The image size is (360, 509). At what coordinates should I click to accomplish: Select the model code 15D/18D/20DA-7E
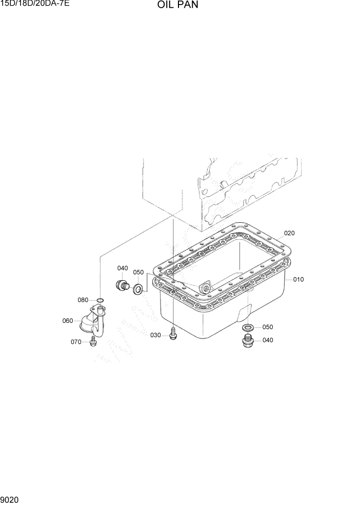(35, 5)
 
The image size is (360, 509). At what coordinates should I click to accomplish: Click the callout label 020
(289, 233)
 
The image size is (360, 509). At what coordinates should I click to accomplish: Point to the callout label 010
(298, 280)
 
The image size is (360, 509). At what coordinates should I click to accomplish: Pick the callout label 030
(156, 335)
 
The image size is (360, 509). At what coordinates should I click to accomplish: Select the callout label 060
(68, 321)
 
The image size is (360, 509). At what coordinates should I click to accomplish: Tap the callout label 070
(76, 342)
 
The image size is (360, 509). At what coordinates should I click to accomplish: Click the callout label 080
(83, 300)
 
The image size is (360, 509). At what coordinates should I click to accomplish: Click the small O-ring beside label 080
(101, 300)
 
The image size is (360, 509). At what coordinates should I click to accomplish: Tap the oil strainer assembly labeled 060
(94, 321)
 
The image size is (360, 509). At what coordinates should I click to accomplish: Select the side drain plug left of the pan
(123, 286)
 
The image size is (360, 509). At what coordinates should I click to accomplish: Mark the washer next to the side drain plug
(137, 290)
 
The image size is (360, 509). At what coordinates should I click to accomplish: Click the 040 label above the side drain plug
(123, 268)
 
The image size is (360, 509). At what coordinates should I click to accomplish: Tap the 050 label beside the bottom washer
(268, 327)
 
